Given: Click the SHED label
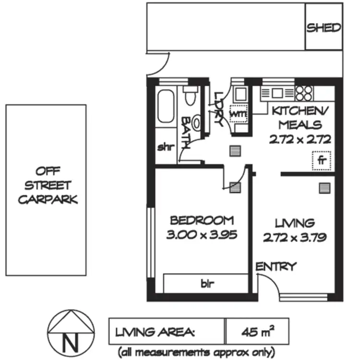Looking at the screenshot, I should (324, 27).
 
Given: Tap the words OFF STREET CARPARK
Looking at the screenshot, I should (47, 185).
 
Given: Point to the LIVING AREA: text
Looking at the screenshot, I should (155, 331).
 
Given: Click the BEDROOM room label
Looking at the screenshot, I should (202, 221).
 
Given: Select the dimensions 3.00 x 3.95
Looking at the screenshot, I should (202, 235).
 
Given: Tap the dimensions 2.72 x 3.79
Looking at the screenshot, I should (295, 237).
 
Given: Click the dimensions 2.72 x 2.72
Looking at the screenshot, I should (300, 140).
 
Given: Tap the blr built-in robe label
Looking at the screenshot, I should (205, 284).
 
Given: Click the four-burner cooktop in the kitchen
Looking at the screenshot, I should (304, 93).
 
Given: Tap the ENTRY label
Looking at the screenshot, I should (276, 267).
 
